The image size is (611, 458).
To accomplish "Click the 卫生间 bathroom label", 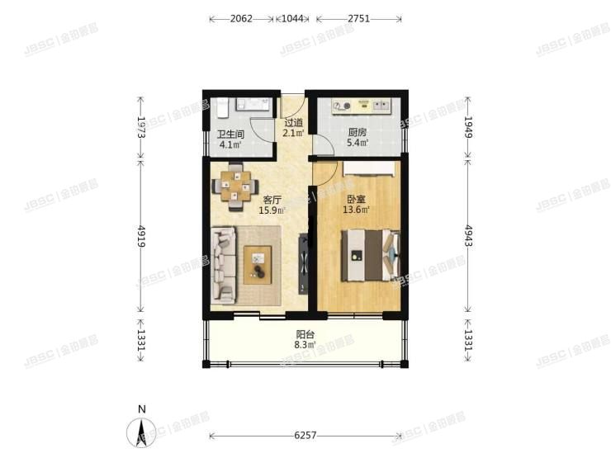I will click(230, 135).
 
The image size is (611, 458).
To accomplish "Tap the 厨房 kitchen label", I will click(358, 132).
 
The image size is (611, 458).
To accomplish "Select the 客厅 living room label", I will click(273, 200).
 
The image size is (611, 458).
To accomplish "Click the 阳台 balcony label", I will click(305, 336).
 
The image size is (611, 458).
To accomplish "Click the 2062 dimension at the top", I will click(242, 17).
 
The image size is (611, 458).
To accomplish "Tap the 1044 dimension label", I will click(293, 17).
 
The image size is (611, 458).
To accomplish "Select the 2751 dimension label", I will click(359, 17).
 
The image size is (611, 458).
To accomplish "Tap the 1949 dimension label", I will click(470, 126).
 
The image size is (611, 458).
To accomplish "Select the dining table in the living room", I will click(236, 186).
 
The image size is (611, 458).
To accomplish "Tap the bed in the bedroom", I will click(371, 256).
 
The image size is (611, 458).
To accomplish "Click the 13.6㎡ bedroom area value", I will click(357, 210).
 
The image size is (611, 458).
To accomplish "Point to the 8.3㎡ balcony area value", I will click(305, 346).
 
